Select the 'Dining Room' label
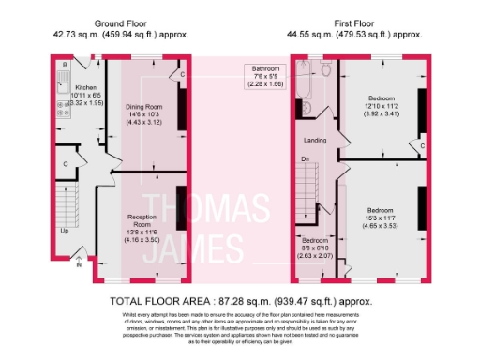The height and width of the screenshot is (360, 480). coord(144,107)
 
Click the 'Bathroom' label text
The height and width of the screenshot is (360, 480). coord(263,68)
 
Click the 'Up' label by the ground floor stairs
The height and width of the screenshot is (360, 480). coord(65,231)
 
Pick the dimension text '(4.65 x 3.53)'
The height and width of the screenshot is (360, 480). coord(380,226)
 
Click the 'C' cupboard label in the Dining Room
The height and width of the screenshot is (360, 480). coord(182,74)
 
